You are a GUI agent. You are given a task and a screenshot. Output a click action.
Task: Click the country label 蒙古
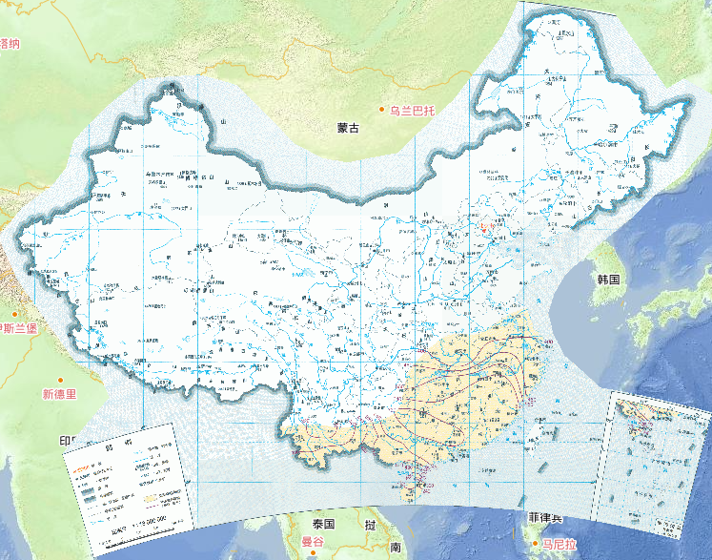[x=322, y=128]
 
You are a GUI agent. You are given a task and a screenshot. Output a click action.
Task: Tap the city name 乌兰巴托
[x=412, y=111]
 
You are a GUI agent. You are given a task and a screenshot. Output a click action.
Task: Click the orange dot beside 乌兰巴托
[x=382, y=111]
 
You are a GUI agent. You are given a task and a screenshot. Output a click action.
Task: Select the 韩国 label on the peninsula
[x=608, y=280]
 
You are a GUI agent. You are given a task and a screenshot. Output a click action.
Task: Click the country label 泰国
[x=323, y=524]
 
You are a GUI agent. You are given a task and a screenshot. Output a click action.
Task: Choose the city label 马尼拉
[x=559, y=545]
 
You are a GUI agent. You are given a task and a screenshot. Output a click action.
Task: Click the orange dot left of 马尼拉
[x=536, y=545]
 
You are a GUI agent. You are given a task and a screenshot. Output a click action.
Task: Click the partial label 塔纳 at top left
[x=10, y=42]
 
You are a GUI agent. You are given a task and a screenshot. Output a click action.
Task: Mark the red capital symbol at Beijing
[x=483, y=227]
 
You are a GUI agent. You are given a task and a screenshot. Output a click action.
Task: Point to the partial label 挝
[x=369, y=525]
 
